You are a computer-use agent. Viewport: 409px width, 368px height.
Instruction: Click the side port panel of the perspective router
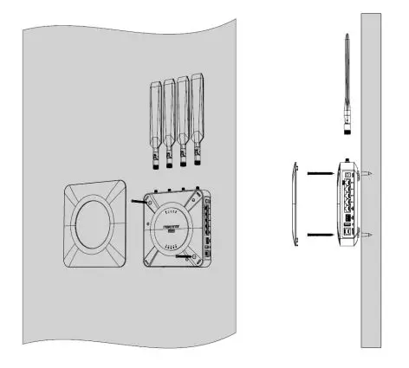(207, 227)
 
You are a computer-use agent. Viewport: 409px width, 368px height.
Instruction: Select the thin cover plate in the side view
(295, 205)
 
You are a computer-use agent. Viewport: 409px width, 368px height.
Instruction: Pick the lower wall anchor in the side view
(367, 235)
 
